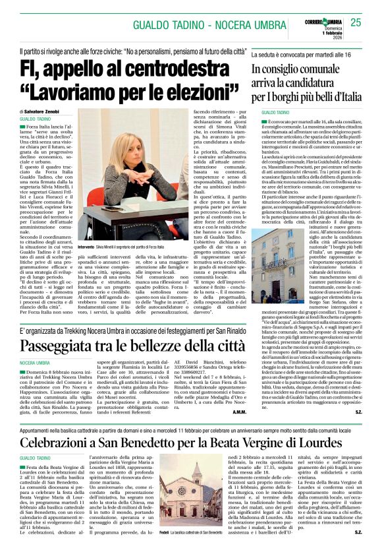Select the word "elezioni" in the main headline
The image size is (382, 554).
(194, 96)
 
